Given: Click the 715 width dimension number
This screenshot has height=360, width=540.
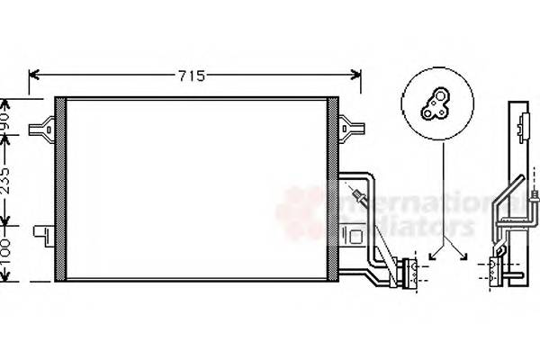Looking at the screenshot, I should point(191,76).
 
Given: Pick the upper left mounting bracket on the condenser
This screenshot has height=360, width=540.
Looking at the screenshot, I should point(41,129).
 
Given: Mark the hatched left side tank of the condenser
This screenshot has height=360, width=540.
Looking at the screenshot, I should point(60,189).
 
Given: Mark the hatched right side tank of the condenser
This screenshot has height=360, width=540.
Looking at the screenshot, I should point(333,189).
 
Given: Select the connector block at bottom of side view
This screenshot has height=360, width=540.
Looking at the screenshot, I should point(497,270).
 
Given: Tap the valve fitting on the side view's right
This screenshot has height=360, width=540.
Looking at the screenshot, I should point(535,193).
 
